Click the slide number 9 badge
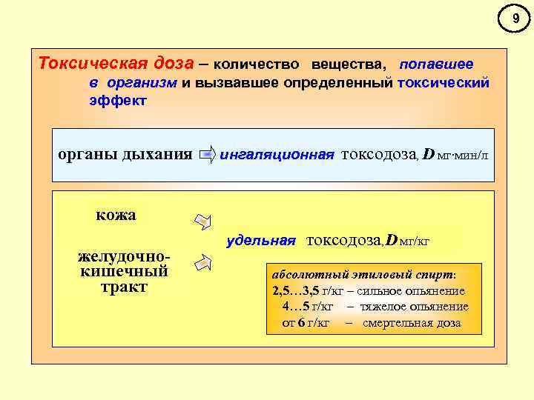pyautogui.click(x=516, y=16)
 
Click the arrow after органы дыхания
pyautogui.click(x=208, y=155)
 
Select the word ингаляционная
pyautogui.click(x=277, y=155)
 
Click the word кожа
pyautogui.click(x=116, y=216)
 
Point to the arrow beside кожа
pyautogui.click(x=203, y=221)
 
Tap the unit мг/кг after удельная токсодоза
pyautogui.click(x=415, y=241)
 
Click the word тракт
pyautogui.click(x=124, y=286)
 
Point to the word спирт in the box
pyautogui.click(x=436, y=274)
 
